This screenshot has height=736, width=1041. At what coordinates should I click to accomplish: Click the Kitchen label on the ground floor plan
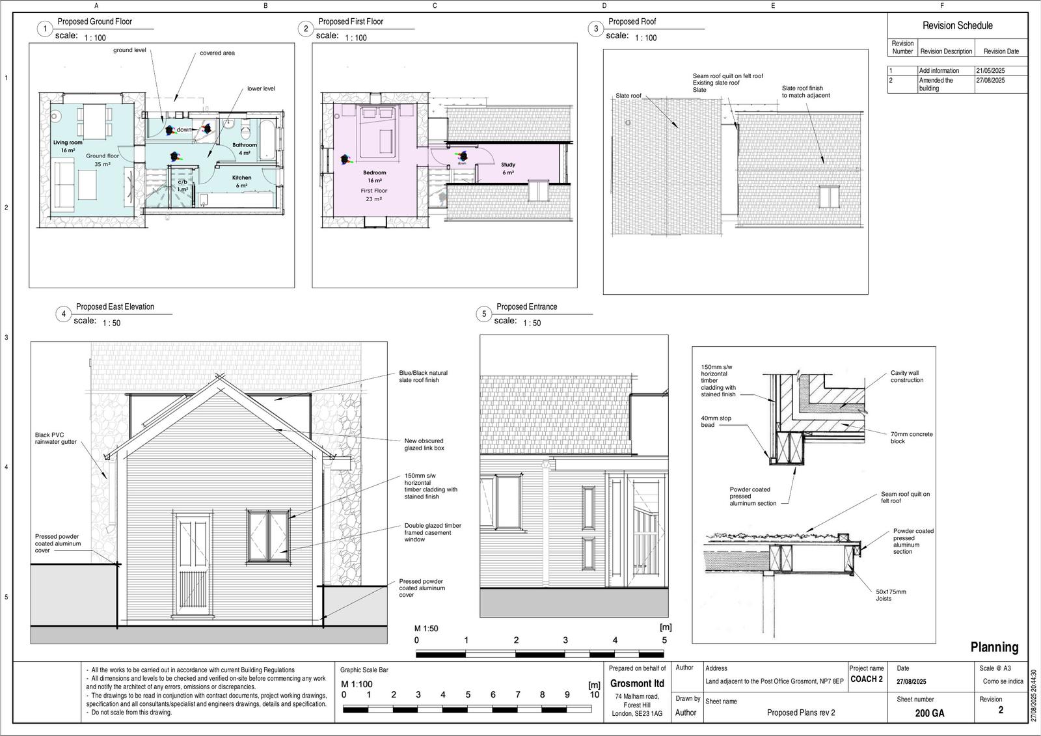tap(241, 178)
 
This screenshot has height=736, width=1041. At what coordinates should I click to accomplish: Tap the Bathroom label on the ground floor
tap(245, 145)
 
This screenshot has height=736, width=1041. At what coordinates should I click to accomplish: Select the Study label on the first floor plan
tap(508, 165)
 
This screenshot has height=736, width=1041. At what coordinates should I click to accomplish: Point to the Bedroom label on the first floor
tap(375, 173)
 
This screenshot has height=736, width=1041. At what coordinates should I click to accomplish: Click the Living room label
tap(68, 143)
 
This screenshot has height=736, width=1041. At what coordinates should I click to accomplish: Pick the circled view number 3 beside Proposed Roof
tap(596, 29)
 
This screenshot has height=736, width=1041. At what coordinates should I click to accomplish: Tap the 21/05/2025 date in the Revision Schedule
tap(990, 70)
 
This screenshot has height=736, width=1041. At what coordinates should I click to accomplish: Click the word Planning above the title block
tap(994, 647)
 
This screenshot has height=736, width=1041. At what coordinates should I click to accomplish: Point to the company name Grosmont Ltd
tap(637, 683)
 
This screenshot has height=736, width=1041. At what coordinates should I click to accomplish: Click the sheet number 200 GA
tap(929, 713)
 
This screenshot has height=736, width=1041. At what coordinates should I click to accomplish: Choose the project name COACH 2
tap(867, 679)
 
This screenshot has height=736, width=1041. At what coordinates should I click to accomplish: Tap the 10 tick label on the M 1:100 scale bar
tap(594, 694)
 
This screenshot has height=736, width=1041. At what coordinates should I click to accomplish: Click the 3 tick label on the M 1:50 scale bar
tap(565, 640)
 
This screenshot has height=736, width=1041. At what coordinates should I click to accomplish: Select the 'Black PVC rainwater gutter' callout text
tap(56, 438)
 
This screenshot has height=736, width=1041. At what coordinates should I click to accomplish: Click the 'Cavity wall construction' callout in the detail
tap(906, 377)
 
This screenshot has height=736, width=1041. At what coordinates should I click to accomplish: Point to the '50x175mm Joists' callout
tap(890, 595)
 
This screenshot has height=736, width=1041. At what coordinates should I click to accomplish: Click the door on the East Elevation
tap(193, 562)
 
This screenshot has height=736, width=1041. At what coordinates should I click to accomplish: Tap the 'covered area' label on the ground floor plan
tap(217, 53)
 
